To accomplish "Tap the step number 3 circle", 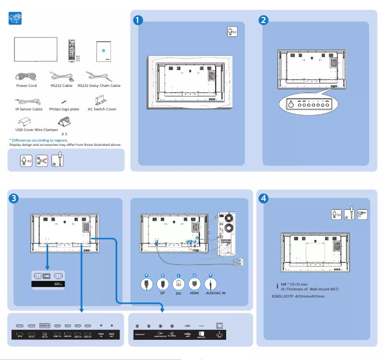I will point(14,198).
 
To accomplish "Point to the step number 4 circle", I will point(263,198).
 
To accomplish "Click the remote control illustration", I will point(72,50).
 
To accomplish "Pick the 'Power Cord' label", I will point(26,86).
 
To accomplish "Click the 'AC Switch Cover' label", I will point(102,109).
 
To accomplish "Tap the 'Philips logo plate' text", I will point(64,109).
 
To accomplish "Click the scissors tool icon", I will point(42,160).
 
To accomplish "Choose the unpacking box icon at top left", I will point(15,19).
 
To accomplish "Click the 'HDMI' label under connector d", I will point(194,292).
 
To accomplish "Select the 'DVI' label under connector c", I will point(178,293).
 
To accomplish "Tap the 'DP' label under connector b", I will point(162,292).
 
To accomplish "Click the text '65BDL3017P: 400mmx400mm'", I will point(298,296).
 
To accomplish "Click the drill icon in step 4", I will point(362,214).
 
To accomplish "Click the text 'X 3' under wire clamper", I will point(64,134).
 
